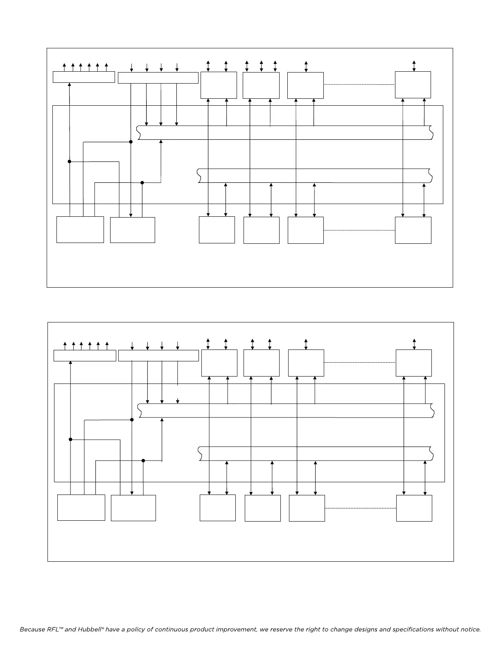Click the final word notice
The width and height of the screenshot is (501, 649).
point(470,629)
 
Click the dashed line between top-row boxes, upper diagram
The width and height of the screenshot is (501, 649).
point(359,85)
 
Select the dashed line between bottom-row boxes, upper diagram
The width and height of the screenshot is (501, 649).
point(359,231)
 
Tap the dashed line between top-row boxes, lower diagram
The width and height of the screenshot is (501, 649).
point(360,363)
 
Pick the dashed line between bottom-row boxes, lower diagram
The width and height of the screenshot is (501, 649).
point(360,508)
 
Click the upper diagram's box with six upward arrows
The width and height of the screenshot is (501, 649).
point(83,77)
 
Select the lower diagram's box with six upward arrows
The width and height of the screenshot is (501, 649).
point(85,356)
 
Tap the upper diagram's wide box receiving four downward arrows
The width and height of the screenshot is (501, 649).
point(158,78)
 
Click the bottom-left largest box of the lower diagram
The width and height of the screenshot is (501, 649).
point(81,508)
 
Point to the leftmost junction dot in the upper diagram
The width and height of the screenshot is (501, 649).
point(70,161)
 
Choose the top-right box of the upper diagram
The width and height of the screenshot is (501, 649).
point(413,85)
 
